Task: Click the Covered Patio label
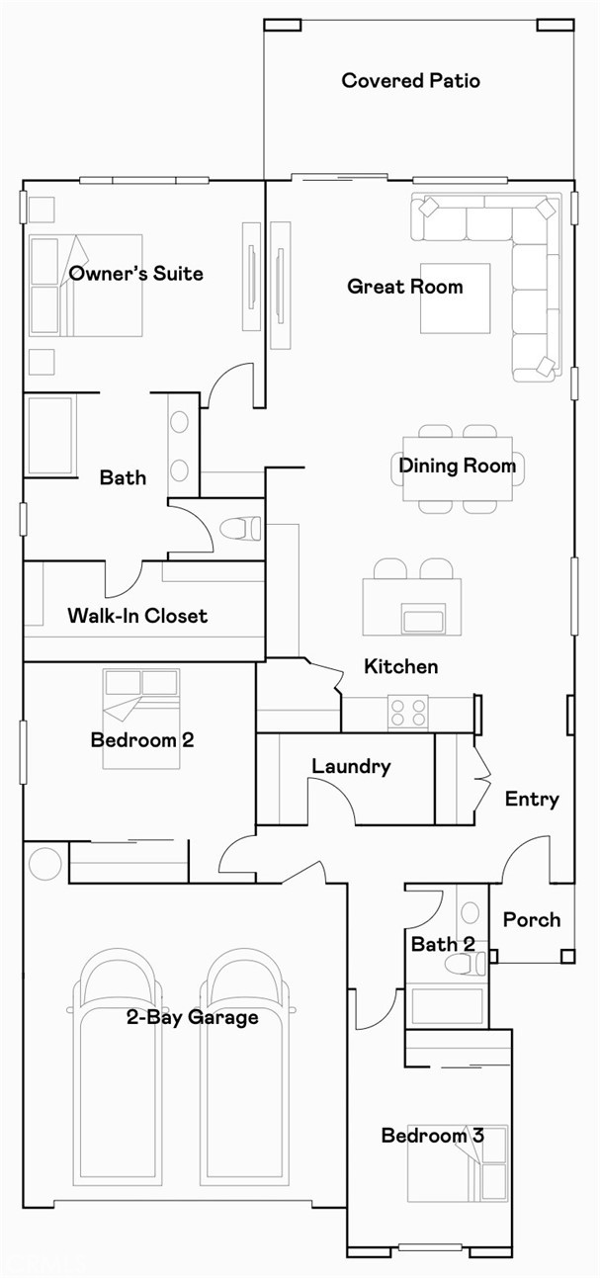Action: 410,81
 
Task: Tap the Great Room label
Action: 404,287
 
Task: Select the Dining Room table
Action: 457,468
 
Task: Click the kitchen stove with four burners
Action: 407,713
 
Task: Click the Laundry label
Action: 351,766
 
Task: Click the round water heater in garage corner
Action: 44,863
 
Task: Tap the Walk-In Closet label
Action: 137,616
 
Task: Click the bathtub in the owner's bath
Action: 49,436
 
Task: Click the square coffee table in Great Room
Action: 455,298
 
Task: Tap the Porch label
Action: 532,920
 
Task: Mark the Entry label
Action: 532,800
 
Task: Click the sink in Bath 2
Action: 470,911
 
